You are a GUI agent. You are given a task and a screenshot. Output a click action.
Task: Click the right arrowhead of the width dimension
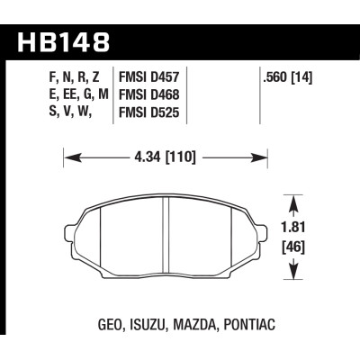tap(269, 160)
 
